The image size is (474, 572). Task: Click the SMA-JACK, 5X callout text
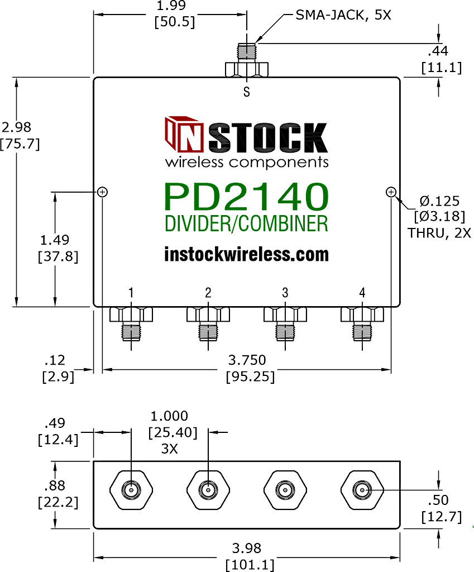(x=343, y=15)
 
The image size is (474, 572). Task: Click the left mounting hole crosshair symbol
(x=102, y=192)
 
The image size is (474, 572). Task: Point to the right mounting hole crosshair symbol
(x=391, y=192)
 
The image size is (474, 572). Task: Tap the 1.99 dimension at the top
(x=170, y=7)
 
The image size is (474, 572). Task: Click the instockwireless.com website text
(x=246, y=254)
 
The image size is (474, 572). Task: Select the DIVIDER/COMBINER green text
(x=246, y=223)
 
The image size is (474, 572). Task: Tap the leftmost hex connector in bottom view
(x=131, y=490)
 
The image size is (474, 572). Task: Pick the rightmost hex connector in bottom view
(x=362, y=490)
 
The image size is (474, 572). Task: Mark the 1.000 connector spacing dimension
(x=169, y=416)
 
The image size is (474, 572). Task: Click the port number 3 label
(x=285, y=292)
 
